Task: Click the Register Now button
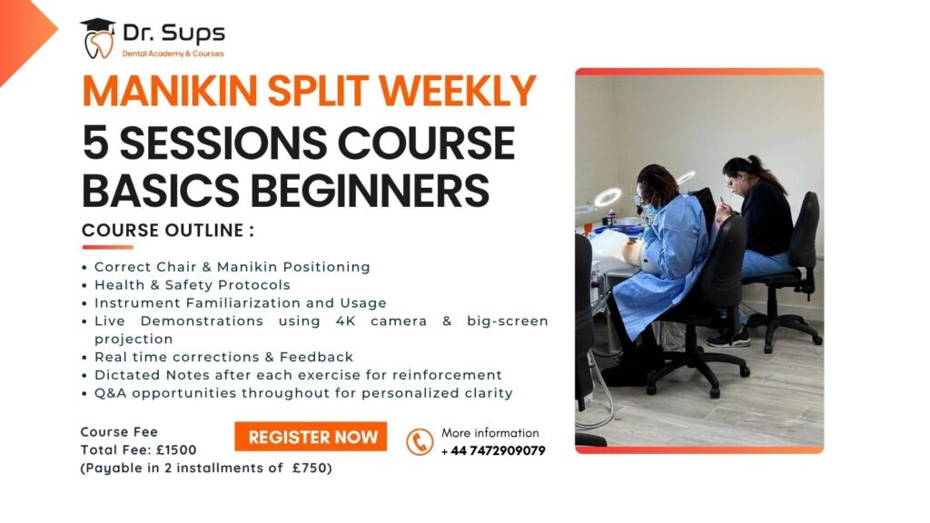click(x=311, y=437)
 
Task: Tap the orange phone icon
click(x=420, y=442)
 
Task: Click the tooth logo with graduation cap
click(x=98, y=38)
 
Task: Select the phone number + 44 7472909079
click(x=493, y=450)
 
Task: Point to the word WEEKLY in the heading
click(x=458, y=91)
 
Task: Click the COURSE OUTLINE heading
click(x=168, y=230)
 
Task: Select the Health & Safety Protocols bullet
click(x=193, y=285)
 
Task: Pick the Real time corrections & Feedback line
click(x=223, y=357)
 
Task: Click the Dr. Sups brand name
click(x=173, y=34)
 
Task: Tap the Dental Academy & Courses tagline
click(x=173, y=54)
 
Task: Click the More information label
click(x=490, y=433)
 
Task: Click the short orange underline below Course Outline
click(x=108, y=247)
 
